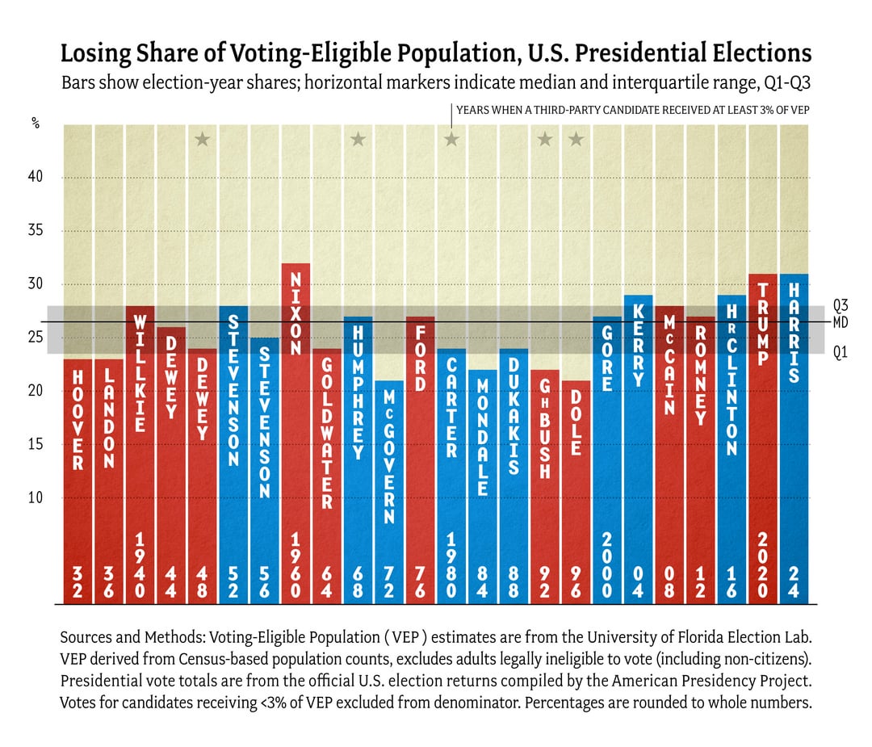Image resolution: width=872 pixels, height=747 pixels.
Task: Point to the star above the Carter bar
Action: click(451, 140)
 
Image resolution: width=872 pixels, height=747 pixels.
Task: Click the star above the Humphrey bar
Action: click(358, 140)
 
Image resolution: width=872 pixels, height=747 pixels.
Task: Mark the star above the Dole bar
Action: click(576, 140)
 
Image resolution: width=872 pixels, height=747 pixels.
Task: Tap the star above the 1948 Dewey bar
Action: click(202, 140)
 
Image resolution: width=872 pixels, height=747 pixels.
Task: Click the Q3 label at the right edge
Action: click(841, 306)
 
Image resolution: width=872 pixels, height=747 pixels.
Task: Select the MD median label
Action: click(841, 322)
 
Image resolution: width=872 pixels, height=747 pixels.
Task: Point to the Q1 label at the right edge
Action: click(841, 353)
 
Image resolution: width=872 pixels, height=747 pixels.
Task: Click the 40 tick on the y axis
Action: click(36, 178)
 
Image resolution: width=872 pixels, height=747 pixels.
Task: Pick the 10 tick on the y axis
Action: click(36, 497)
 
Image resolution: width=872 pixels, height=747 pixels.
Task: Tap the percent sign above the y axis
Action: click(36, 124)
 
